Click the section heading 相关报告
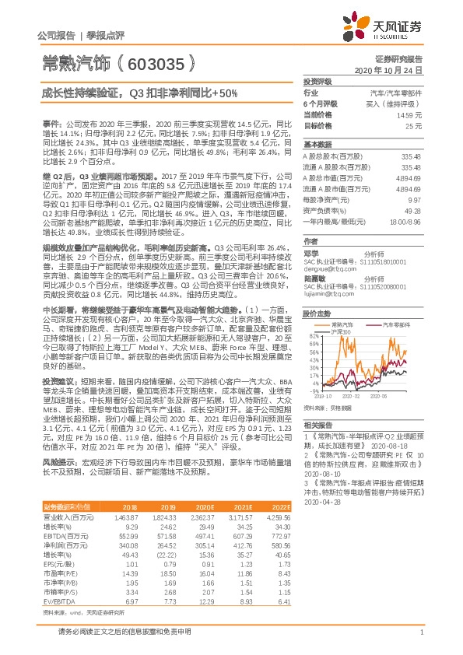[318, 425]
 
